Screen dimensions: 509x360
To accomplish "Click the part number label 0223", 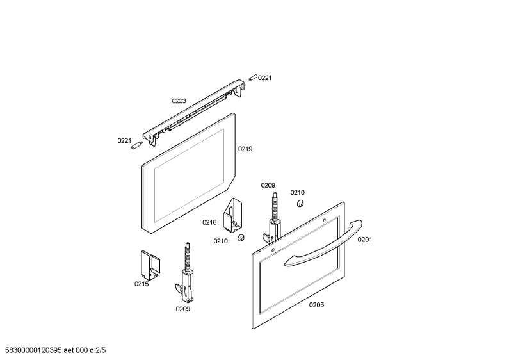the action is tap(179, 101).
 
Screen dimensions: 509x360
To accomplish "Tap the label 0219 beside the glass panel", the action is tap(245, 149).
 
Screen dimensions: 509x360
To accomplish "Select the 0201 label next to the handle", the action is tap(365, 240).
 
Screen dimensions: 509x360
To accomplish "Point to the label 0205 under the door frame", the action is tap(316, 305).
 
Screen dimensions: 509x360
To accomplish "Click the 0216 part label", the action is tap(209, 222).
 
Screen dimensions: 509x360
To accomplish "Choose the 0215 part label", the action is tap(141, 284).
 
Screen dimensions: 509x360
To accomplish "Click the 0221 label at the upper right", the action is tap(264, 78).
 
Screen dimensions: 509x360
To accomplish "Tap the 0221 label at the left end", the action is tap(124, 140).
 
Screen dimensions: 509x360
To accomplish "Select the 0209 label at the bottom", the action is tap(182, 309).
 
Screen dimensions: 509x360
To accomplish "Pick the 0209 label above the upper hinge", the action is tap(268, 185).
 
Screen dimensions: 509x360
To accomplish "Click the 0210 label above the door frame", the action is tap(297, 192).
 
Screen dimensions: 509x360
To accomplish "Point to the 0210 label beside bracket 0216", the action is tap(220, 241).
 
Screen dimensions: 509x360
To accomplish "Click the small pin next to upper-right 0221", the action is tap(252, 78).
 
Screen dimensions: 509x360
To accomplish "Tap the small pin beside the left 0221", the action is tap(137, 145).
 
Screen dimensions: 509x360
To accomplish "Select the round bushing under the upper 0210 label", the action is tap(300, 204).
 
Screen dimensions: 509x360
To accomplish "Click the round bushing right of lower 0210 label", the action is tap(241, 238).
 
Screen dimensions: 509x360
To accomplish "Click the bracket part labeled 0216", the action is tap(232, 216).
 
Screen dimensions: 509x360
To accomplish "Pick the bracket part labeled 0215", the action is tap(150, 265).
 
